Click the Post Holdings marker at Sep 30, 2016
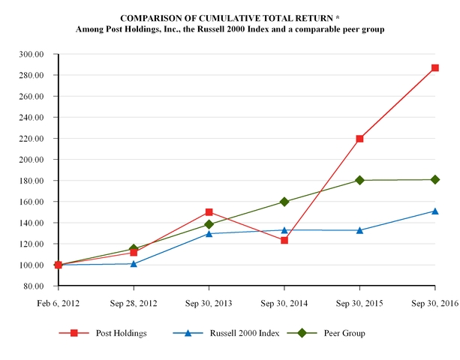(x=434, y=68)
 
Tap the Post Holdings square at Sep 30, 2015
(x=359, y=139)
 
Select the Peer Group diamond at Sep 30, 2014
(x=284, y=202)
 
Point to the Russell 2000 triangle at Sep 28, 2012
(x=134, y=263)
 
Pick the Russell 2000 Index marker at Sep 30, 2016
(x=434, y=211)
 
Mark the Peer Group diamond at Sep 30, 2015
(x=359, y=180)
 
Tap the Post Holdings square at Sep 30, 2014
(x=284, y=240)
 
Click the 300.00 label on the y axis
(x=32, y=55)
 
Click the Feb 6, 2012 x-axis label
(x=59, y=303)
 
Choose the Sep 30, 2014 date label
(x=284, y=303)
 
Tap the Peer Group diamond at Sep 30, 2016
(x=434, y=179)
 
